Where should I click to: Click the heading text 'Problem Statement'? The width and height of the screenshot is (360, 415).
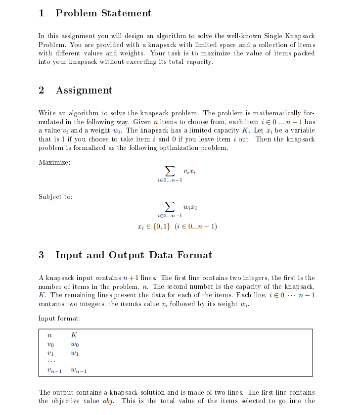point(103,13)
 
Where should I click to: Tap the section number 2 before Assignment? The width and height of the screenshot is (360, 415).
point(42,90)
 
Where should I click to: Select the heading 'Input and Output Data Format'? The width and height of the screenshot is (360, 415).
point(134,255)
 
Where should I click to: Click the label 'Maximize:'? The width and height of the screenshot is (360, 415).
point(54,162)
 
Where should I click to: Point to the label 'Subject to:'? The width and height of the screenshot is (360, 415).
point(55,197)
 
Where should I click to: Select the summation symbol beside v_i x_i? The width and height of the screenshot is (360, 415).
point(170,171)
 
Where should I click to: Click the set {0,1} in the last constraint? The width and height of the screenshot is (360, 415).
point(161,227)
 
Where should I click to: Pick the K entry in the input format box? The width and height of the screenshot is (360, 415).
point(74,335)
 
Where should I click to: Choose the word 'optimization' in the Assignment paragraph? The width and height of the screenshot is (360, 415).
point(181,147)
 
